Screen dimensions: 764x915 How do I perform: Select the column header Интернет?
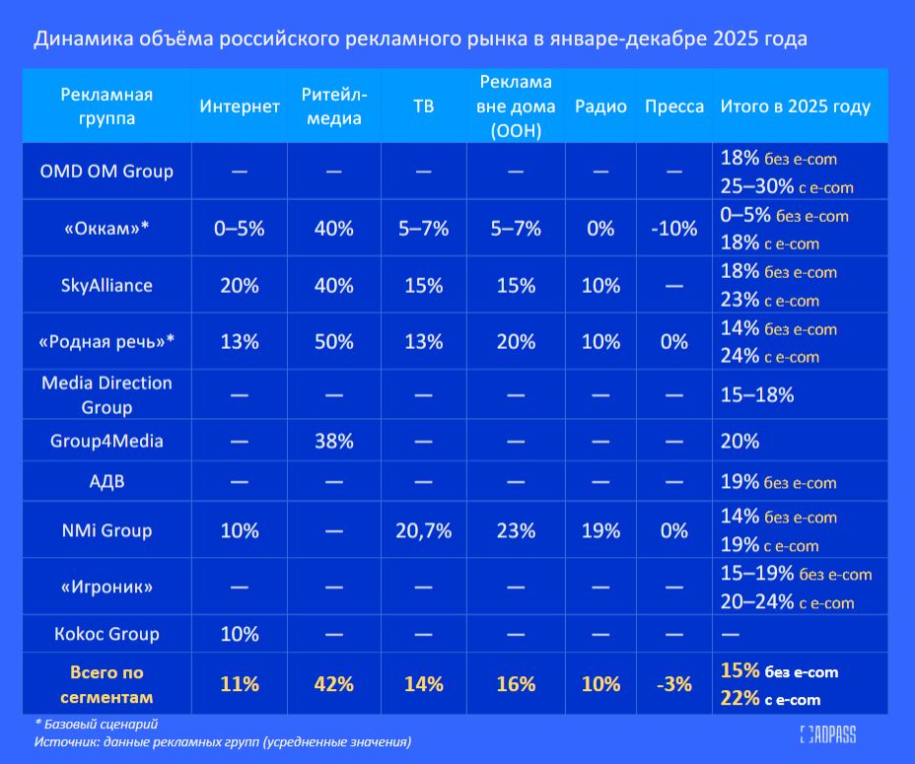point(240,106)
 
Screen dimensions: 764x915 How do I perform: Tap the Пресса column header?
point(674,106)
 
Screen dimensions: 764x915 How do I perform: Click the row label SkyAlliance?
point(106,285)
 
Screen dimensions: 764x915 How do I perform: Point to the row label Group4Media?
point(106,441)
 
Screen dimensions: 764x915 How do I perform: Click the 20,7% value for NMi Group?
point(423,530)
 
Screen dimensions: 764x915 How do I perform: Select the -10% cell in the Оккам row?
point(674,229)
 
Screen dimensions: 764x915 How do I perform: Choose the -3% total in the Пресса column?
point(674,683)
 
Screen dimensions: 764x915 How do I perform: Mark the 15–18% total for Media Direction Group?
point(757,394)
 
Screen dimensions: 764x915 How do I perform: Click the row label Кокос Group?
point(106,633)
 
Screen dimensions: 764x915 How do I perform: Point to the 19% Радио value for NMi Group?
point(600,530)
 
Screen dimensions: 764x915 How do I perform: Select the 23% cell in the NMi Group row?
point(515,530)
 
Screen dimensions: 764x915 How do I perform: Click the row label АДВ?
point(106,482)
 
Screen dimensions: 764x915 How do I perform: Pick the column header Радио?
point(600,106)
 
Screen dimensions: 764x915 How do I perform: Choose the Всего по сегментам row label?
point(106,684)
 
